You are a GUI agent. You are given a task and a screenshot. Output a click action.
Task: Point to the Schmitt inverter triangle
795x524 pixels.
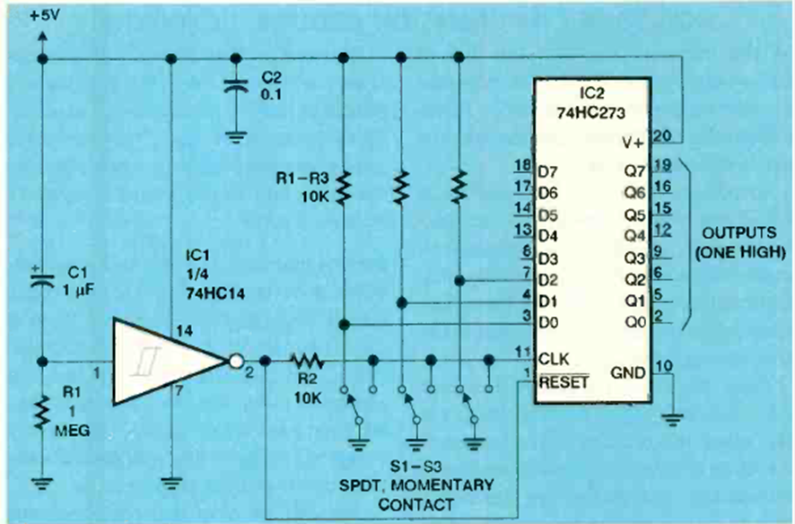click(x=166, y=361)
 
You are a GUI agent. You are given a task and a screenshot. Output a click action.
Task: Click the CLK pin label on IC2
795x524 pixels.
click(x=555, y=359)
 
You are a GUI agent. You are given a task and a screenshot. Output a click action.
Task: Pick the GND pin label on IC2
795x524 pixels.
click(x=627, y=371)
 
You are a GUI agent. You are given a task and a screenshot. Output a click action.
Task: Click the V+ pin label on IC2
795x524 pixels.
click(x=633, y=139)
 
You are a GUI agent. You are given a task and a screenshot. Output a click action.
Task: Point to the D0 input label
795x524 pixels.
click(x=549, y=320)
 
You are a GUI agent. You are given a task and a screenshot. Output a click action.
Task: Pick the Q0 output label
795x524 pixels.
click(x=633, y=319)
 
